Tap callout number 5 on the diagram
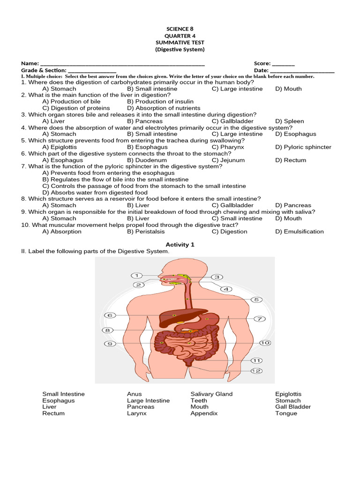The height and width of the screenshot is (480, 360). point(256,300)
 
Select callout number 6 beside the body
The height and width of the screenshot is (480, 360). point(110,315)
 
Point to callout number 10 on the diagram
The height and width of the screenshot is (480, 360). point(265,343)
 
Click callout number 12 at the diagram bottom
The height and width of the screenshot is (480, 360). point(256,371)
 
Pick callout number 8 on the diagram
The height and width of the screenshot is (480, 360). point(108,330)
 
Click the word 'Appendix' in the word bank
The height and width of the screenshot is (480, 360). point(204,413)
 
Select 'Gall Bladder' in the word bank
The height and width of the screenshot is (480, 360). point(293,407)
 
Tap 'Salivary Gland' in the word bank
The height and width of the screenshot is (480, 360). point(211,394)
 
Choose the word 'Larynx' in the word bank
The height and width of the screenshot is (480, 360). point(136,413)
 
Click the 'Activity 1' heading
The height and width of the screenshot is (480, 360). point(180,245)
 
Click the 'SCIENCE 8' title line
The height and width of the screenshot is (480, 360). point(180,29)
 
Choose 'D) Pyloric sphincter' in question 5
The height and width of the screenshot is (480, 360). point(303,147)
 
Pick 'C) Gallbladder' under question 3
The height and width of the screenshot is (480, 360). point(232,121)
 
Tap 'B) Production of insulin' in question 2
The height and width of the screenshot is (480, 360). point(160,101)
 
